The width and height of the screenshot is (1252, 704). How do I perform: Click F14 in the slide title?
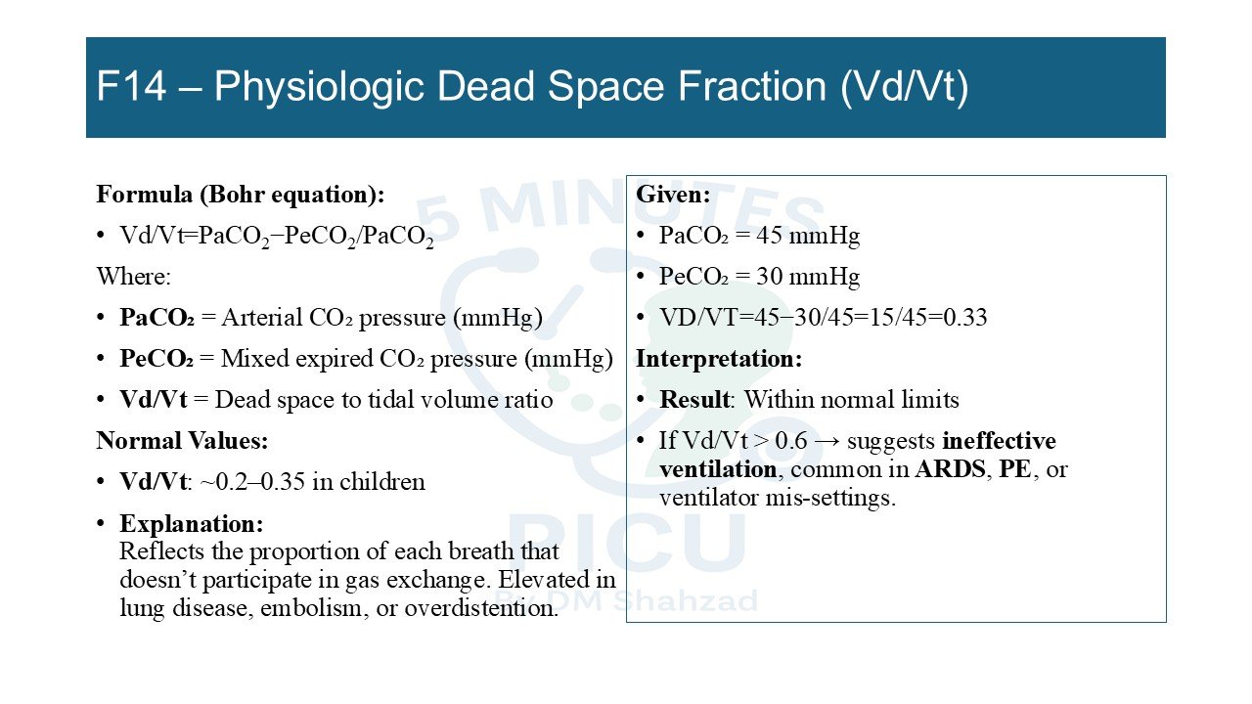tap(131, 87)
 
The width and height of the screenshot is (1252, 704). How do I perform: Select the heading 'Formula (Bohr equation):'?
tap(241, 195)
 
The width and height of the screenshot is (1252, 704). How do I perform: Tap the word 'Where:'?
tap(134, 277)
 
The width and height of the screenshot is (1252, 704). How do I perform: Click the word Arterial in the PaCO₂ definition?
tap(261, 318)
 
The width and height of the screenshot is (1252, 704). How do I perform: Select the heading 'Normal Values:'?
tap(182, 441)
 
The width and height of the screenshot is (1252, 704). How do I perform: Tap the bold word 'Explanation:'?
tap(191, 524)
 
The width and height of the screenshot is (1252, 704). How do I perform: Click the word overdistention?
tap(481, 608)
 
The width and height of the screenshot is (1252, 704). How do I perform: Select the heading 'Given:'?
tap(673, 195)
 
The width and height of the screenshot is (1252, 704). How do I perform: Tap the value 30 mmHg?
tap(808, 277)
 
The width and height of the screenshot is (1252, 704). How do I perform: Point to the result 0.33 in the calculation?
tap(965, 318)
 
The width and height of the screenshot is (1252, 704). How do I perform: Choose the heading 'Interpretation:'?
tap(719, 359)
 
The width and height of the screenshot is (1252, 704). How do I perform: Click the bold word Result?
tap(694, 400)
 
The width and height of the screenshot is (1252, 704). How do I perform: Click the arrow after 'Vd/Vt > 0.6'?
tap(827, 441)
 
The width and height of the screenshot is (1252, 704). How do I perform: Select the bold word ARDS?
tap(950, 469)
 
